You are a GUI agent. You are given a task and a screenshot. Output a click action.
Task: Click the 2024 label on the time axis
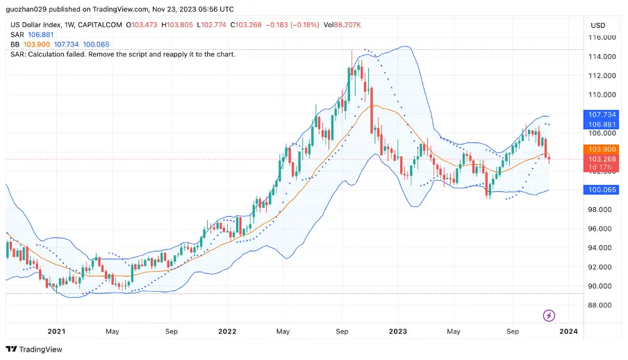point(568,332)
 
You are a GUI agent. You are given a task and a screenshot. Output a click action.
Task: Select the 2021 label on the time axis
point(56,332)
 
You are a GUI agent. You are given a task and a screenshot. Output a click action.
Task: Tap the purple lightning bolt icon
point(549,316)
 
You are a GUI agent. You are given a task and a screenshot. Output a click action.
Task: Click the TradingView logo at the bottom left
point(34,350)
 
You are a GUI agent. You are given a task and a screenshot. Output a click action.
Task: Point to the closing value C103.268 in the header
point(249,25)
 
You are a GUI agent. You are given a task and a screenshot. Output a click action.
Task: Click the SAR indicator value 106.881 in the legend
point(41,35)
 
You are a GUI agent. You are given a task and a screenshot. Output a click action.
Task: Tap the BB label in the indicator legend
point(15,44)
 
